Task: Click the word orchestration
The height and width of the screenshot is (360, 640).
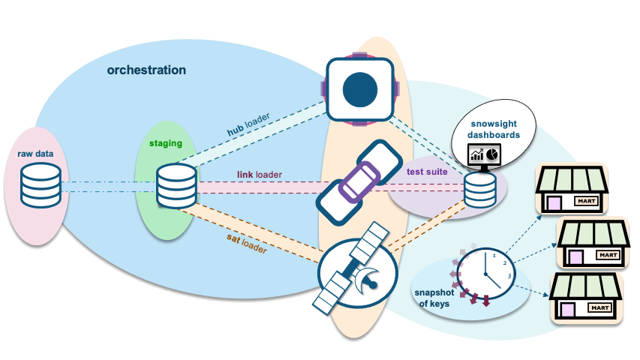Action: [x=146, y=70]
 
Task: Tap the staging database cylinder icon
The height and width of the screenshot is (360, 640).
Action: [x=176, y=187]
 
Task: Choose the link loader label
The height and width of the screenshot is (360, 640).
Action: [x=260, y=175]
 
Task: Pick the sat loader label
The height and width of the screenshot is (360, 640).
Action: [x=246, y=243]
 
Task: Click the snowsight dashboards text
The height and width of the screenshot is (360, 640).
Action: [x=494, y=128]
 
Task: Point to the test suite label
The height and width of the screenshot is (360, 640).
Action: [x=427, y=172]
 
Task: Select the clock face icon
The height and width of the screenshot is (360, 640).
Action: [x=488, y=270]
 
